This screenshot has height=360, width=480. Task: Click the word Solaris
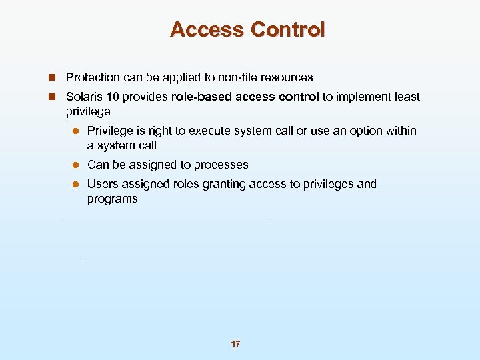tap(85, 97)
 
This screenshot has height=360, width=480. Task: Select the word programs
tap(112, 199)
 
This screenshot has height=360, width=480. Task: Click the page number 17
tap(235, 344)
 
